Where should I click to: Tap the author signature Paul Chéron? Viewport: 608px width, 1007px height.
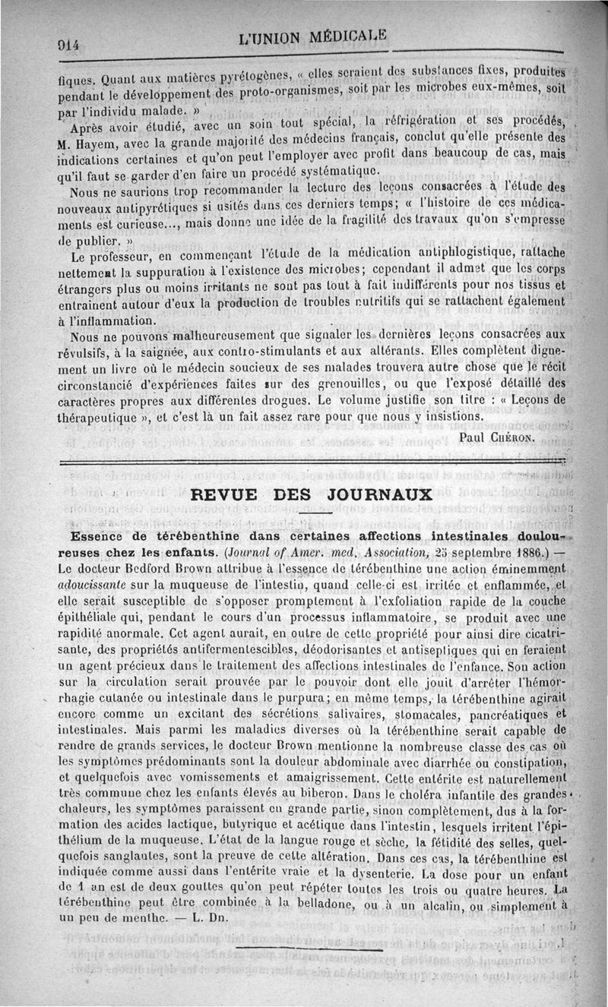point(497,437)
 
